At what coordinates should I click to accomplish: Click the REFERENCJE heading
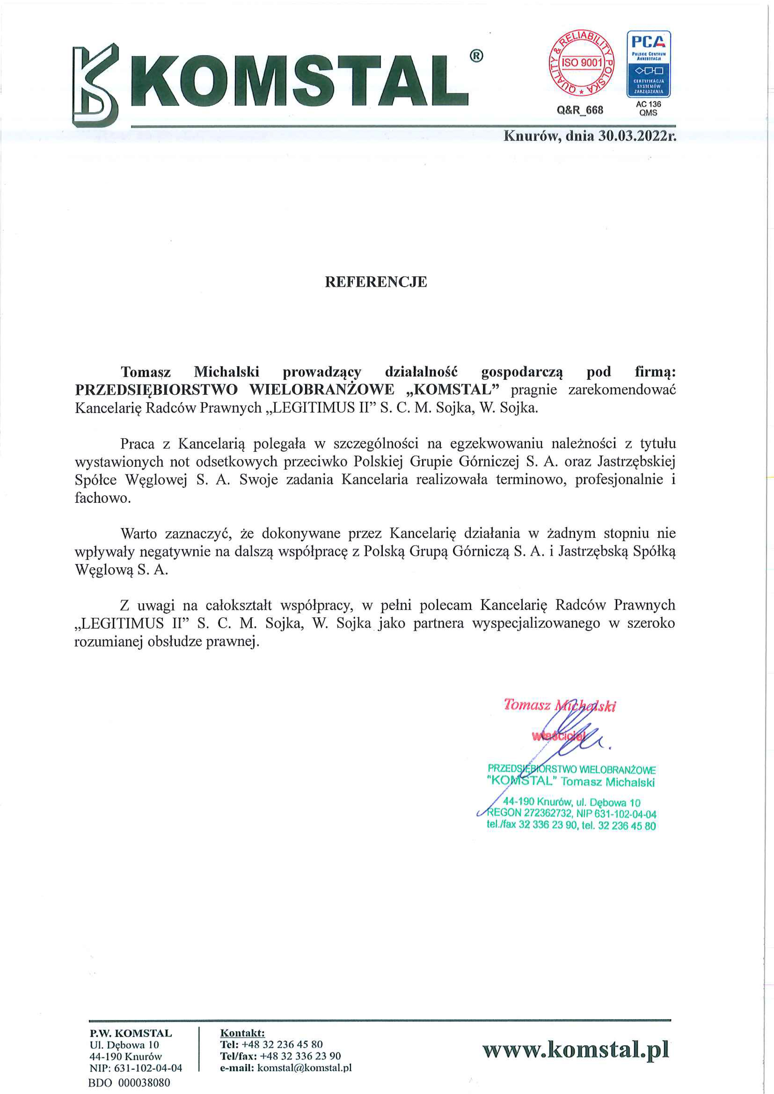(376, 282)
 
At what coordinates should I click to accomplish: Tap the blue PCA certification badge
(648, 64)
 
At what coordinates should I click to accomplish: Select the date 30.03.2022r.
(637, 136)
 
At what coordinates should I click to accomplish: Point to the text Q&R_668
(580, 110)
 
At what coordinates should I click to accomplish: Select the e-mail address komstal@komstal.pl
(304, 1068)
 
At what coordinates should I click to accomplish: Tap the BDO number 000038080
(144, 1082)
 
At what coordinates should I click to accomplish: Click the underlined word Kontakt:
(242, 1033)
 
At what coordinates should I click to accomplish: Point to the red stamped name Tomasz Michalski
(560, 705)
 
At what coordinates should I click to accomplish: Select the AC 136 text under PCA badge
(648, 104)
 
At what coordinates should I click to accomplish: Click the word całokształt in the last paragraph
(238, 605)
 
